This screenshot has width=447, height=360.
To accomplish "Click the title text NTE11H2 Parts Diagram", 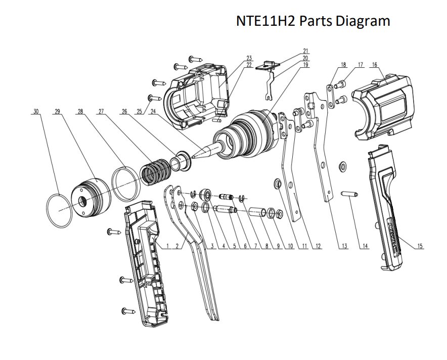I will coord(313,21).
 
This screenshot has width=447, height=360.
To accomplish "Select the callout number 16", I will coord(374,65).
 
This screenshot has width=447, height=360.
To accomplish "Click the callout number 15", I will coord(420,246).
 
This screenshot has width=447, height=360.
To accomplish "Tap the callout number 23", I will coord(249,58).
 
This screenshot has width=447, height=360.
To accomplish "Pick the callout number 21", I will coord(306,51).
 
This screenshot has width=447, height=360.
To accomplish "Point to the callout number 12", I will coord(318,246).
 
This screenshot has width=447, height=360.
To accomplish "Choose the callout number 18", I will coord(343,65).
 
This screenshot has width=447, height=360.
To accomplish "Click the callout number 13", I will coord(344,246).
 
